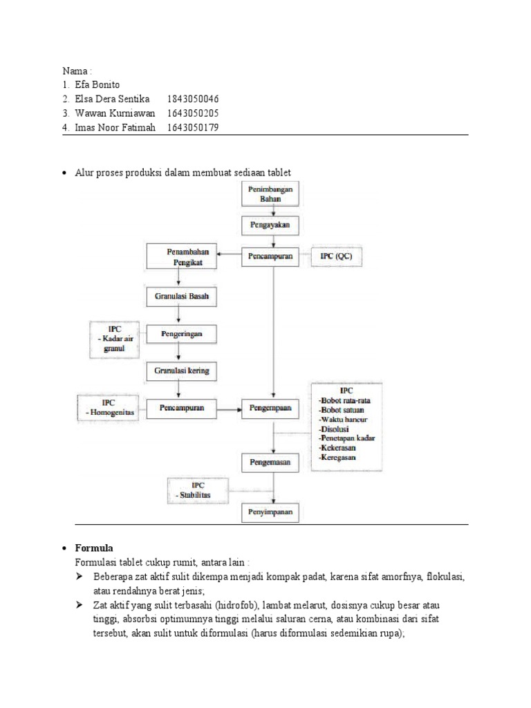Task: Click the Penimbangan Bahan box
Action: [x=271, y=194]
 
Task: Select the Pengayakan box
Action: [x=271, y=225]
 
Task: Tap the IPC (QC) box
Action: [x=337, y=257]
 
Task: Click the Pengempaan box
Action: [x=271, y=408]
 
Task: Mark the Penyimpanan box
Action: [x=271, y=512]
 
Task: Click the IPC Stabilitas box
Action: [x=192, y=490]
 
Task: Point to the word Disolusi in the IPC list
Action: [x=334, y=429]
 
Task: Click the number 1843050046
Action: [x=193, y=100]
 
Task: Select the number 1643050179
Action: [x=193, y=127]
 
